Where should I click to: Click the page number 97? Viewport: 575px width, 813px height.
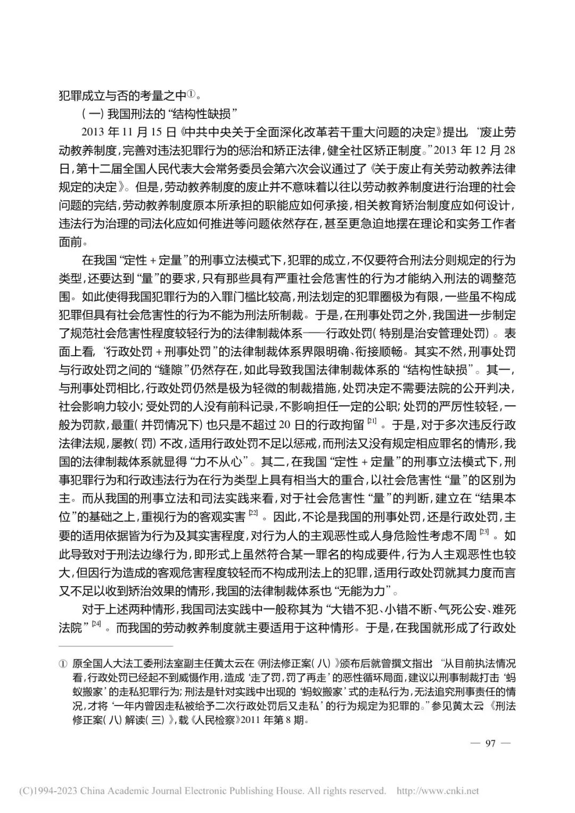[x=491, y=743]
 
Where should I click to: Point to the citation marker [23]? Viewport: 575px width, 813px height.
[x=483, y=531]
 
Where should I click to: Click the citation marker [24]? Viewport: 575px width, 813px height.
[x=96, y=623]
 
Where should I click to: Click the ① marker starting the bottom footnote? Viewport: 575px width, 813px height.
[x=62, y=664]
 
